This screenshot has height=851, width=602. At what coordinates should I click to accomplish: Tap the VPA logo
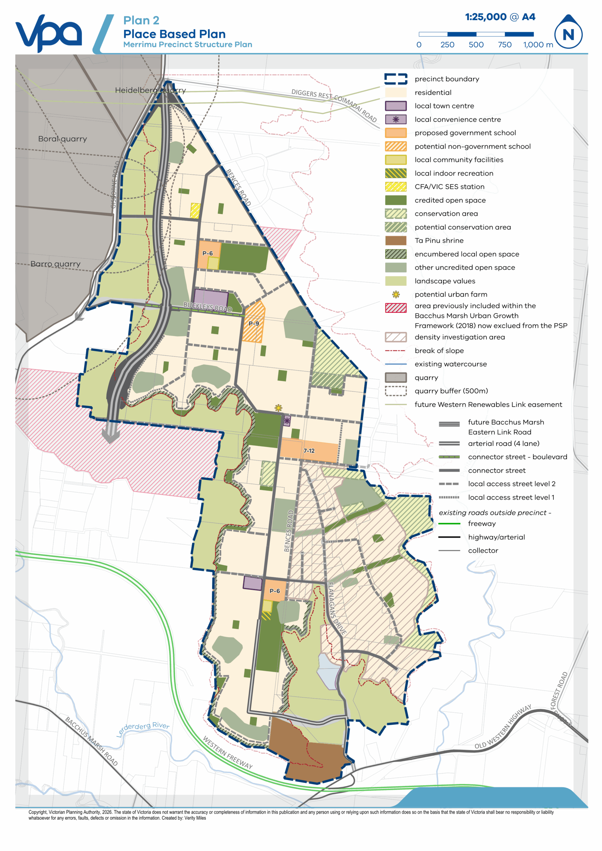[48, 33]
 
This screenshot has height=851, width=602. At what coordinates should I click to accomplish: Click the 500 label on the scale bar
[476, 45]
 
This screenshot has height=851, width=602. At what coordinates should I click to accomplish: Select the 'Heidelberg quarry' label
[150, 90]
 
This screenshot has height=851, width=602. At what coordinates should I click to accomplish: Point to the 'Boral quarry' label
[62, 139]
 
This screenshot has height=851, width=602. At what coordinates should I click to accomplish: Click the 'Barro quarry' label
[55, 264]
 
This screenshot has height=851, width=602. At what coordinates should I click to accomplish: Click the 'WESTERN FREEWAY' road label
[227, 752]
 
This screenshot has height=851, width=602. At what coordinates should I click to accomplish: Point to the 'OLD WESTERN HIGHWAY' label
[503, 726]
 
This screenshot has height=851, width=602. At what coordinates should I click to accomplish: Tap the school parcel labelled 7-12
[309, 451]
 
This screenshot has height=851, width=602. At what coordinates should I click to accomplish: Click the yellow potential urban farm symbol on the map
[278, 408]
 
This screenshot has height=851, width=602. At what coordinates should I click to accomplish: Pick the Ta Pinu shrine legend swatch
[396, 241]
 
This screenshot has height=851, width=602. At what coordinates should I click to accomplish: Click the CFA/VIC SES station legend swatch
[396, 187]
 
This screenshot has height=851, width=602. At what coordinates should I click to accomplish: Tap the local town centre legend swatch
[396, 106]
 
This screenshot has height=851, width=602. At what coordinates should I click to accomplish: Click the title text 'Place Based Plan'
[174, 34]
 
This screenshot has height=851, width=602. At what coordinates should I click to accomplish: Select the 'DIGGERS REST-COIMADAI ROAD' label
[334, 105]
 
